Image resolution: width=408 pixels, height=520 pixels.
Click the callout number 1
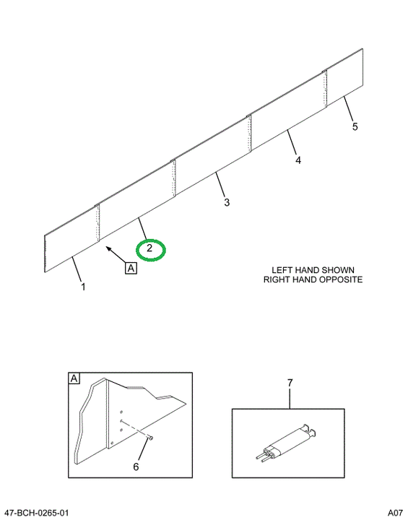[x=83, y=287]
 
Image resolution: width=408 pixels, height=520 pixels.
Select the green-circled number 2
[x=149, y=248]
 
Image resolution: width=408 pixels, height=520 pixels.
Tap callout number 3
[x=227, y=202]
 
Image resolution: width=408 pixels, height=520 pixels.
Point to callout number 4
[x=298, y=160]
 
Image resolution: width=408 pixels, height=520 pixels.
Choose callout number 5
[x=355, y=126]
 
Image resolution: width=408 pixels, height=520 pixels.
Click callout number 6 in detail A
[x=136, y=467]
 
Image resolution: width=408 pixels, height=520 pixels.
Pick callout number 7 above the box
[x=290, y=383]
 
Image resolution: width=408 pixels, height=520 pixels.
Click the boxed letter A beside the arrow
[x=131, y=268]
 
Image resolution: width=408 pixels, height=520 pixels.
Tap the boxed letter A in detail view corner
[x=74, y=378]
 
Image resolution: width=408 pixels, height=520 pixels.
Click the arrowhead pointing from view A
[x=108, y=248]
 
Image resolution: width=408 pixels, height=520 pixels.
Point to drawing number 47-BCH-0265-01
[x=35, y=513]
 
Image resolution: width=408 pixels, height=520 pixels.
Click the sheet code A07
[x=395, y=513]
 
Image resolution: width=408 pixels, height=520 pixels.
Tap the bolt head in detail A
[x=151, y=438]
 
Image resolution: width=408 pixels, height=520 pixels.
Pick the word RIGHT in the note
[x=276, y=279]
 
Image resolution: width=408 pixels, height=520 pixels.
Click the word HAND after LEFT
[x=307, y=270]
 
